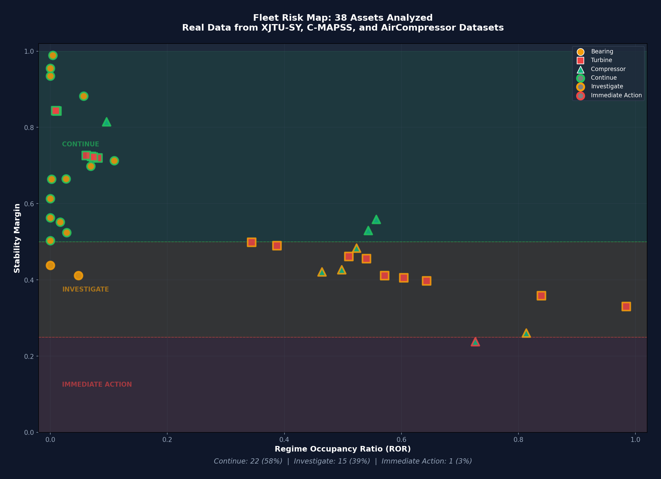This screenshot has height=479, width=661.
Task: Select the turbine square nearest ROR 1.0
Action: click(x=626, y=306)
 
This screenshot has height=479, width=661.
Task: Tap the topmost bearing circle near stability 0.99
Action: click(x=53, y=56)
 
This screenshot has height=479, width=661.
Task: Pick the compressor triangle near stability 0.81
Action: click(x=106, y=122)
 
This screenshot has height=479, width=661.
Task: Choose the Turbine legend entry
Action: click(x=601, y=60)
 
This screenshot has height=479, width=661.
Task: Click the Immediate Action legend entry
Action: click(x=616, y=95)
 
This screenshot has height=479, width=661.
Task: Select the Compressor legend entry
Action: click(x=608, y=69)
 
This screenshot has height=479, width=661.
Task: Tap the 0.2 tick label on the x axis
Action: click(x=167, y=439)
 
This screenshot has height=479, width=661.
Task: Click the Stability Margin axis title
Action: click(x=17, y=238)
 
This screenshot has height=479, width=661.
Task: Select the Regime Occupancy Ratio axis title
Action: click(x=343, y=449)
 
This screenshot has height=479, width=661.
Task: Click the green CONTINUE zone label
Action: click(x=81, y=144)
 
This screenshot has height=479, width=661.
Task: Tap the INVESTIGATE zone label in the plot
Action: click(x=85, y=289)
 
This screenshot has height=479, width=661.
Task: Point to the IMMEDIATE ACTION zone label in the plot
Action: click(x=97, y=384)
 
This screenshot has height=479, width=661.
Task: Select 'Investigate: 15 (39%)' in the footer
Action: click(x=332, y=461)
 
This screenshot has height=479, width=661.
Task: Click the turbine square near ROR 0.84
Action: click(x=541, y=296)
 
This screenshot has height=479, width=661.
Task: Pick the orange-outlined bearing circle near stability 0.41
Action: click(x=78, y=275)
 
